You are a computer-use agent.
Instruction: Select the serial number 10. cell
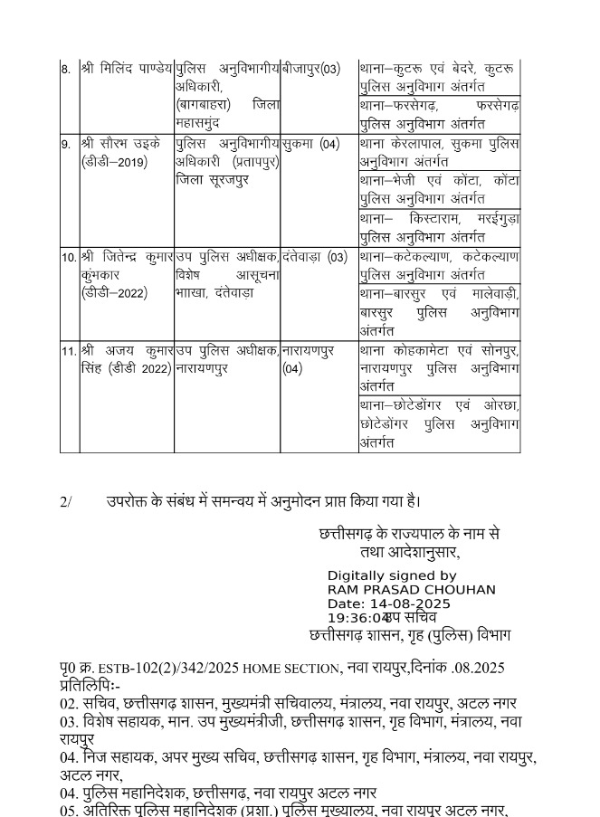(x=69, y=257)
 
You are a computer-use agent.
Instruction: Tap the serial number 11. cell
(x=69, y=350)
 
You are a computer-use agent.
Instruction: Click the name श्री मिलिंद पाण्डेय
(x=127, y=69)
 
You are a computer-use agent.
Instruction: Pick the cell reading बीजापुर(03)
(x=311, y=69)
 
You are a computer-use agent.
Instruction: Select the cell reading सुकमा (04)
(x=310, y=144)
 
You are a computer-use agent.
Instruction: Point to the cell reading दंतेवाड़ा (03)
(x=314, y=257)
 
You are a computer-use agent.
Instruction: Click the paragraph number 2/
(x=66, y=501)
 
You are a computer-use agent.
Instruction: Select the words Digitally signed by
(x=392, y=575)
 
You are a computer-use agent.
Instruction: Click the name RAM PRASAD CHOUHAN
(x=411, y=590)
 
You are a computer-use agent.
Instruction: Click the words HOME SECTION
(x=291, y=669)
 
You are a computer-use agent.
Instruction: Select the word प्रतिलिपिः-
(x=90, y=685)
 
